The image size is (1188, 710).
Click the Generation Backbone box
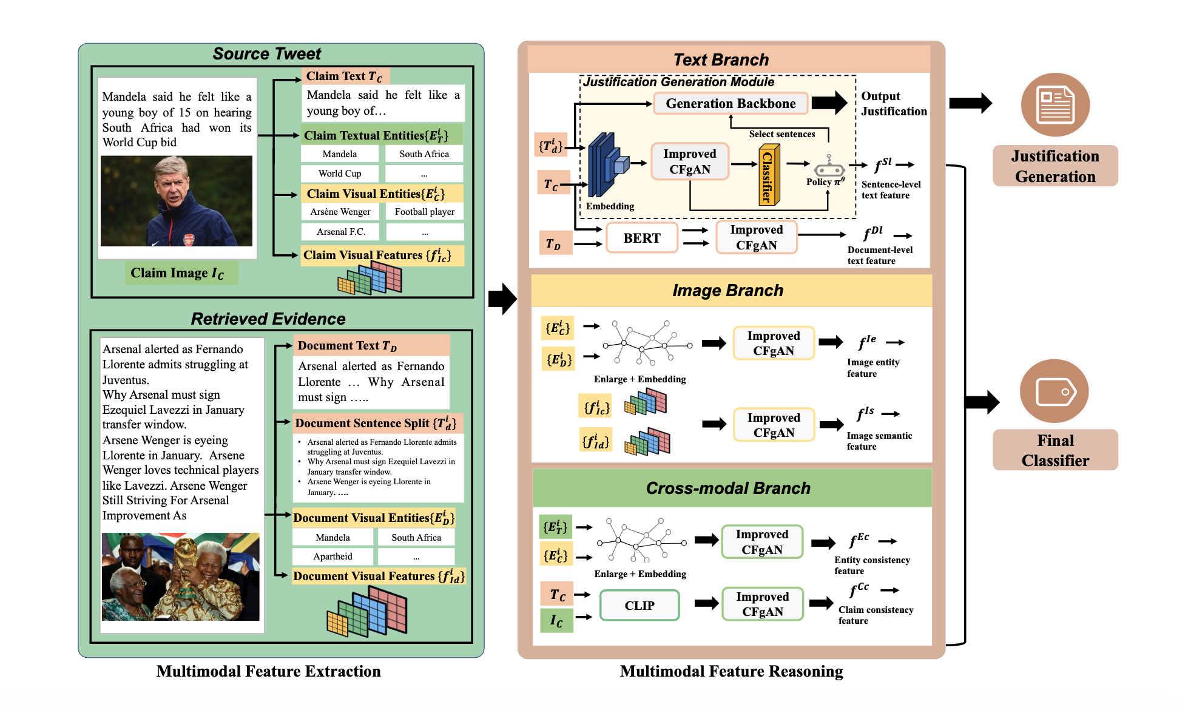click(x=731, y=104)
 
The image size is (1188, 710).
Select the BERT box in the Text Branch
click(x=642, y=238)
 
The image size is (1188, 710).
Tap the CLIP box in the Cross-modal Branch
click(x=640, y=606)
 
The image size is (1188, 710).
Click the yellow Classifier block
click(x=769, y=175)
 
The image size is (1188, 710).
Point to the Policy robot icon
click(x=829, y=166)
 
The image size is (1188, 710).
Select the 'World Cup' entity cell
click(x=340, y=174)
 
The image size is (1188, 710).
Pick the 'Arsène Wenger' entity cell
click(x=340, y=212)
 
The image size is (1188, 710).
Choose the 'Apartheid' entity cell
click(x=332, y=556)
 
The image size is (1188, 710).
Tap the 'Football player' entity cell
click(x=425, y=212)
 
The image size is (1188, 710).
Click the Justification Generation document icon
click(x=1055, y=104)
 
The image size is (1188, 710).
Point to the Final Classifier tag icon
click(x=1055, y=391)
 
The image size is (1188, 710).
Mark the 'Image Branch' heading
click(x=727, y=291)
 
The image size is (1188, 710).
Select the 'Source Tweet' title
click(x=267, y=54)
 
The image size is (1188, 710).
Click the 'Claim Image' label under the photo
click(x=177, y=273)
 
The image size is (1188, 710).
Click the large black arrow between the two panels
click(x=502, y=299)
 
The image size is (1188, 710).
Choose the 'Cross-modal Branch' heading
click(x=728, y=488)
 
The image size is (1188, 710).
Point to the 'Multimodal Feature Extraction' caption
click(x=268, y=671)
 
